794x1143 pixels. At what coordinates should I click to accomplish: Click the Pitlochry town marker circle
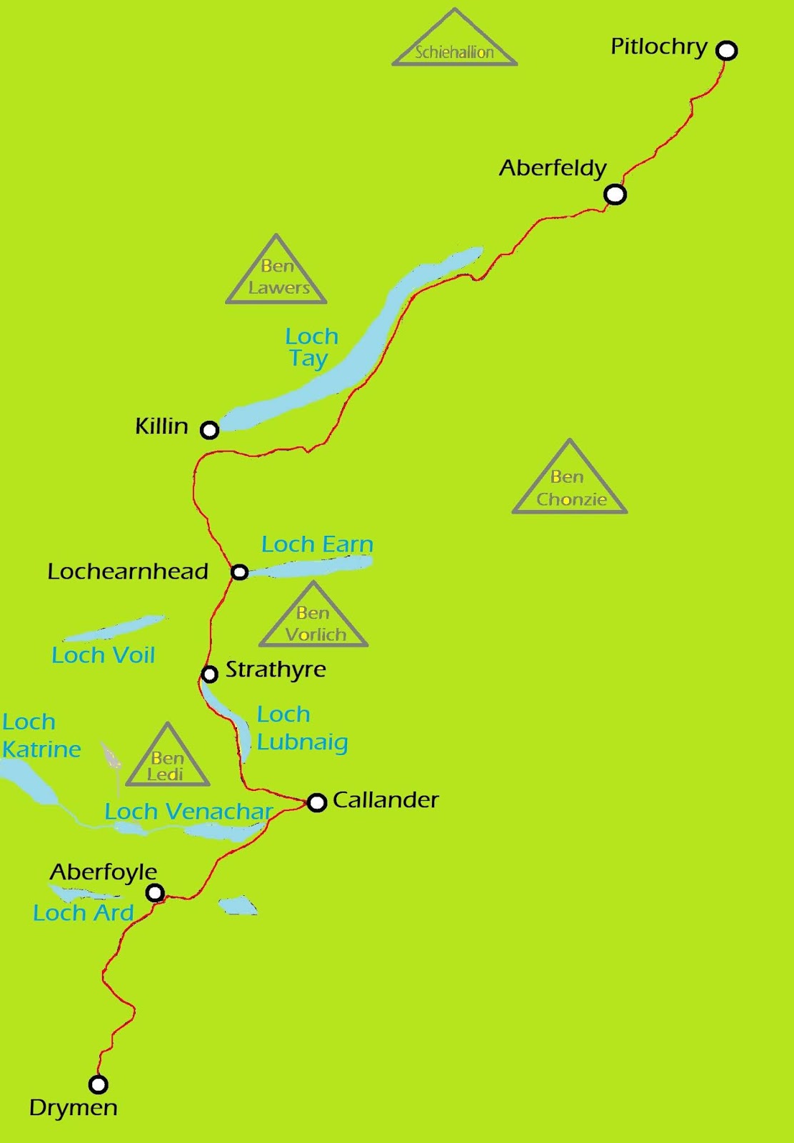(726, 51)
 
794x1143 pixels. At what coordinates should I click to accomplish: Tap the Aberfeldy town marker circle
(615, 194)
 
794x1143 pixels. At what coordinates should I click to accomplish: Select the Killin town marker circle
(209, 430)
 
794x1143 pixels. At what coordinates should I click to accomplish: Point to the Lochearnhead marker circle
(240, 572)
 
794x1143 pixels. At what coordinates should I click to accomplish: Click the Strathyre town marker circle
(209, 674)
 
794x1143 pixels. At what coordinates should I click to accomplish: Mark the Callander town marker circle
(317, 802)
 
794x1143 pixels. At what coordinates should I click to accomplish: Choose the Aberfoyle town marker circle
(155, 892)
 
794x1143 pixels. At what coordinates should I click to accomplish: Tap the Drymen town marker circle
(98, 1084)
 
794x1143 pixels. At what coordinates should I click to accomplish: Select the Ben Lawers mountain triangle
(277, 275)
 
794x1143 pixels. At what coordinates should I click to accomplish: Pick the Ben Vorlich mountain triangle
(313, 620)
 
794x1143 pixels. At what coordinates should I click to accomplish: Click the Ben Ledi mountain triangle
(167, 762)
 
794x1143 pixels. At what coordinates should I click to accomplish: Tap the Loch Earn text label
(317, 544)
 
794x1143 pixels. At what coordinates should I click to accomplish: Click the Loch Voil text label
(104, 655)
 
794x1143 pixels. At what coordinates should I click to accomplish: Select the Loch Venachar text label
(189, 812)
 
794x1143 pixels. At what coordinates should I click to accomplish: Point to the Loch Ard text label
(84, 913)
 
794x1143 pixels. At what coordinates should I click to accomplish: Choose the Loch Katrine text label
(41, 736)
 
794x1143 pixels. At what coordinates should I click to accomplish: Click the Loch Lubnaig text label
(302, 729)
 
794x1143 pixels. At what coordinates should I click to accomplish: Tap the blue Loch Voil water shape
(114, 629)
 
